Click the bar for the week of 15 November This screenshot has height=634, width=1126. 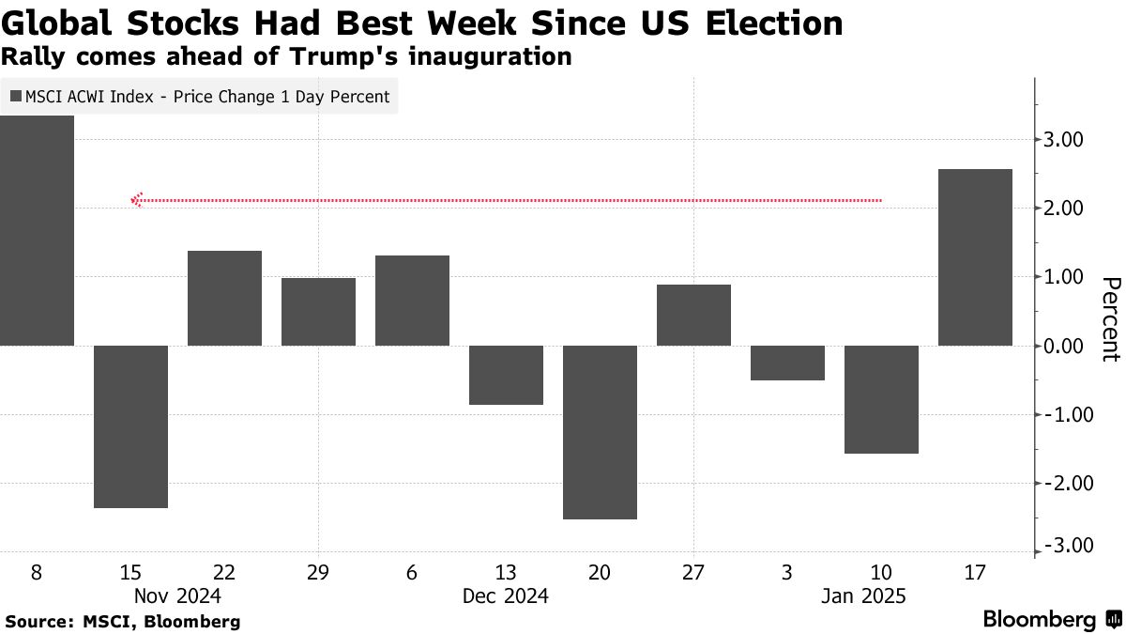click(x=130, y=426)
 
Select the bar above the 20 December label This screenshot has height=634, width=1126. click(x=600, y=432)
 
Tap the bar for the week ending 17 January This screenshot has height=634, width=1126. click(x=975, y=257)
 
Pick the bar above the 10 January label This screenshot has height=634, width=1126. click(x=881, y=399)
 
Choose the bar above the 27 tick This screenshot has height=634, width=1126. click(x=693, y=315)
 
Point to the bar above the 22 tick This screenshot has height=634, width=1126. click(x=224, y=298)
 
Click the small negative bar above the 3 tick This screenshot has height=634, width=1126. click(x=787, y=363)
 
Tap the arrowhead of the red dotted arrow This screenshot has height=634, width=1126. click(x=137, y=200)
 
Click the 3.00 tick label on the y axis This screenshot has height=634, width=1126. click(x=1064, y=140)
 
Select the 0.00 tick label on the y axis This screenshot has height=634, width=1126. click(x=1064, y=347)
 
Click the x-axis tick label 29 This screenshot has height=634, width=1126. click(x=318, y=572)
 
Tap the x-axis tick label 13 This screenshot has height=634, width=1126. click(x=506, y=572)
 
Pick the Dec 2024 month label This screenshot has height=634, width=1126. click(x=506, y=596)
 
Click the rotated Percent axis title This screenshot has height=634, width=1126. click(x=1109, y=319)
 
